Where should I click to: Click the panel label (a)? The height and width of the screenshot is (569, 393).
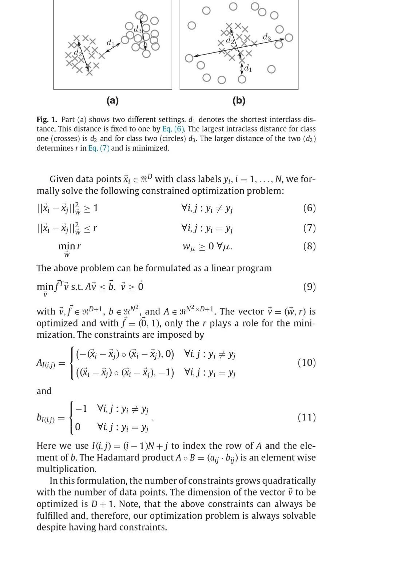[x=112, y=100]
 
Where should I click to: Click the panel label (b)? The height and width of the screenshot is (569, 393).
[x=239, y=100]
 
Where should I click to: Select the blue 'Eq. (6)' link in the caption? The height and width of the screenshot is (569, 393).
[x=173, y=129]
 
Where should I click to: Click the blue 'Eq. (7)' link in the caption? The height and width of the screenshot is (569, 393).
[x=99, y=148]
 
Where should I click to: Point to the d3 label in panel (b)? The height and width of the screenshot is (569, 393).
[x=267, y=37]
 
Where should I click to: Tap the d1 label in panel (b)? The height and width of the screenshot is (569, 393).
[x=248, y=68]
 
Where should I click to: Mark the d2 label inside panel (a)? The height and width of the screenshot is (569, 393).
[x=77, y=53]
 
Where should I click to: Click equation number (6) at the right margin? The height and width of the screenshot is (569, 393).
[x=309, y=208]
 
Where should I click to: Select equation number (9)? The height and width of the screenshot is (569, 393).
[x=309, y=287]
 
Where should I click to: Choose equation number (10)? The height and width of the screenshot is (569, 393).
[x=306, y=363]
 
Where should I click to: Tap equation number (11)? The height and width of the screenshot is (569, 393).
[x=306, y=417]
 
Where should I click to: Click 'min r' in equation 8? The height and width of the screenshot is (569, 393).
[x=69, y=246]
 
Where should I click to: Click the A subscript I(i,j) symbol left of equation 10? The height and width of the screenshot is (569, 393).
[x=46, y=363]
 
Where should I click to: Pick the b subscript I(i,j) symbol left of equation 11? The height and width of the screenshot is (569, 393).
[x=46, y=418]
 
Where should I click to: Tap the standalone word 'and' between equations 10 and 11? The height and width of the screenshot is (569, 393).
[x=44, y=391]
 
